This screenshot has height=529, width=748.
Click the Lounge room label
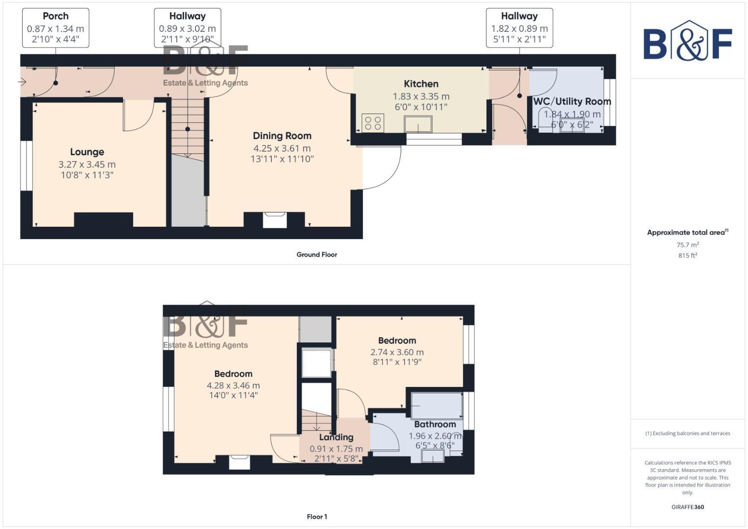coord(87,152)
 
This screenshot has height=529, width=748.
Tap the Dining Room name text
coord(282,136)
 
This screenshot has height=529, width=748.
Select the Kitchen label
coord(421,84)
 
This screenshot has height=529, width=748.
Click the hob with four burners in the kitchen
coord(373,123)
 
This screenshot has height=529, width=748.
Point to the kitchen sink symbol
coord(418,124)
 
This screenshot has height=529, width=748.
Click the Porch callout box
coord(55,28)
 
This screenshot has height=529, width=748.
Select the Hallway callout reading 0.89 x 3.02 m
coord(187,28)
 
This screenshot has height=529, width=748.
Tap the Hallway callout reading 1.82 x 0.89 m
coord(519,28)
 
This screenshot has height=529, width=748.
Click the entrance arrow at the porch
coord(22,82)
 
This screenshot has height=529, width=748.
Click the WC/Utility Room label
coord(572,101)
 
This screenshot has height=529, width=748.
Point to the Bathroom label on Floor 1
coord(434,424)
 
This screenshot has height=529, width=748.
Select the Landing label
coord(336,437)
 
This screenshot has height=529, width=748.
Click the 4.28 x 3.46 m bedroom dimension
coord(233,385)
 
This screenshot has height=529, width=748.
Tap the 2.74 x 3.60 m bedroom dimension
coord(397,352)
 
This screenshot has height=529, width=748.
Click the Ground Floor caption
coord(316,255)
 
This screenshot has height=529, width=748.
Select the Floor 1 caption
coord(316,517)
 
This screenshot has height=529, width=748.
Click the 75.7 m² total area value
coord(687,245)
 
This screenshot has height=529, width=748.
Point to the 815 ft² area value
coord(687,255)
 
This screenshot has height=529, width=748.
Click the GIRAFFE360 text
coord(687,507)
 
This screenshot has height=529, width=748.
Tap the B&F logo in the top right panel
coord(687,41)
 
